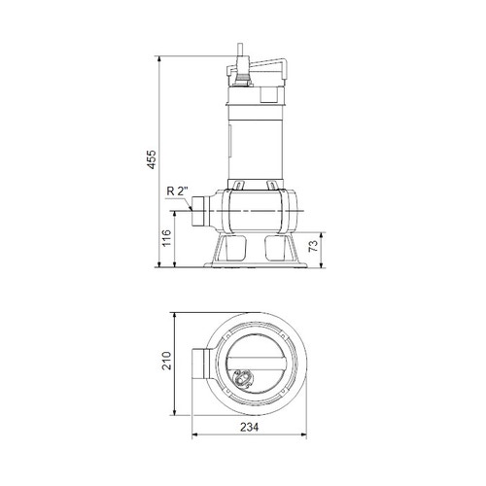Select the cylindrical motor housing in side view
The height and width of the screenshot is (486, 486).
click(255, 136)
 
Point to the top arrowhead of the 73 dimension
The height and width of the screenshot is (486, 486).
click(319, 232)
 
